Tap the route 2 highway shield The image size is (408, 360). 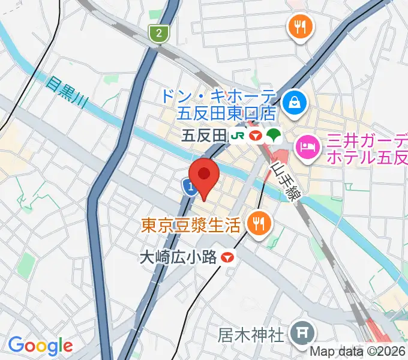coord(158,34)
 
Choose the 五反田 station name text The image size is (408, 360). coord(204,136)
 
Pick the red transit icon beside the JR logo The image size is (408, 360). coord(256,136)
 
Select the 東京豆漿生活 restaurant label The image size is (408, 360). coord(191,225)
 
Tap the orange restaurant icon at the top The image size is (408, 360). coord(298,26)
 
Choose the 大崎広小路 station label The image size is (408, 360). coord(177,257)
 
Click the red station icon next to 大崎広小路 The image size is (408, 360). coord(227,257)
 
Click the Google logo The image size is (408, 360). coord(40,346)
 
